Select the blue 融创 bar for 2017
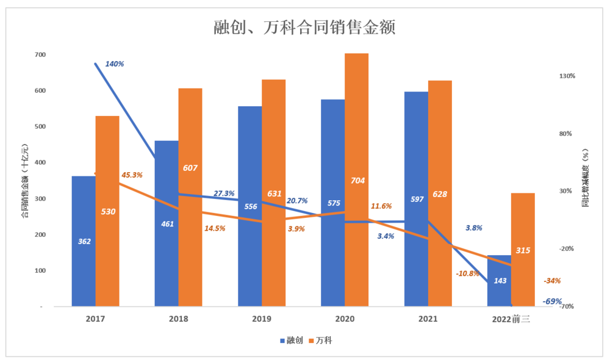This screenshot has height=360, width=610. (x=84, y=262)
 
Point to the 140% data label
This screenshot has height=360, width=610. (x=115, y=63)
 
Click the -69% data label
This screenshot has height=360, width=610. (x=552, y=301)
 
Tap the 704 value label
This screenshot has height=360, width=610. (x=357, y=181)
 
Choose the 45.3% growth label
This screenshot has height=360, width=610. (x=132, y=175)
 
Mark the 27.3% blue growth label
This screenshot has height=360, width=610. (x=224, y=193)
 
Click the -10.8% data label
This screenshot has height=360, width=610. (x=467, y=273)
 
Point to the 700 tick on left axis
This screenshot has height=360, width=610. (x=40, y=55)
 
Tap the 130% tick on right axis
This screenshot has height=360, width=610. (x=567, y=76)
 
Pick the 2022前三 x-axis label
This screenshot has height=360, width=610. (x=510, y=319)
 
